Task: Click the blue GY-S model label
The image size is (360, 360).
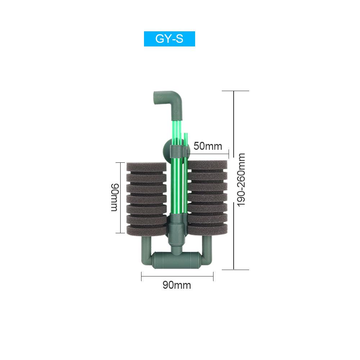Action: (170, 39)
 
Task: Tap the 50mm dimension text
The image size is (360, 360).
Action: (208, 146)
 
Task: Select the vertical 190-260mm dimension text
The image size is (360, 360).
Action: (241, 180)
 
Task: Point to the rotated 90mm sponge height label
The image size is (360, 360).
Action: (114, 197)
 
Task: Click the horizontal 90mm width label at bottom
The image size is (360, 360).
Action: (177, 285)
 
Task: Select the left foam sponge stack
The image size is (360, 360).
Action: (147, 199)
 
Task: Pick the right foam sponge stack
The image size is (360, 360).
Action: (207, 197)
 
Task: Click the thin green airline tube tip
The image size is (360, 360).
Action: (185, 134)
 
